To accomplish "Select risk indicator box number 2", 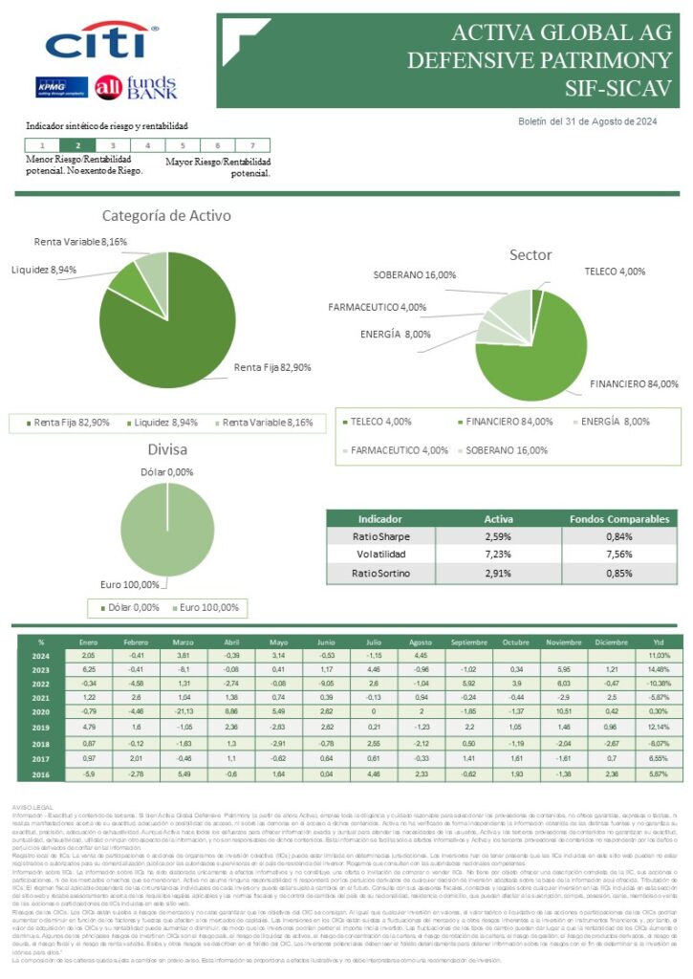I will coord(77,145).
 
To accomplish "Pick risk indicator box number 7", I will coord(251,145).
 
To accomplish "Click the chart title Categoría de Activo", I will coord(166,216).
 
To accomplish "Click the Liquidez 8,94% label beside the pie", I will coord(44,270).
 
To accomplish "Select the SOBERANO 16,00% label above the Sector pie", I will coord(413,275).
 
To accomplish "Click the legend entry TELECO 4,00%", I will coord(380,422).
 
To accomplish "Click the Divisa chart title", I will coord(166,450).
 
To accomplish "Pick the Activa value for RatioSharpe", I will coord(500,536).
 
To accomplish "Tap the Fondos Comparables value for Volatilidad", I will coord(619,555).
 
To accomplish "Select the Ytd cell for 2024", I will coord(660,656).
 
